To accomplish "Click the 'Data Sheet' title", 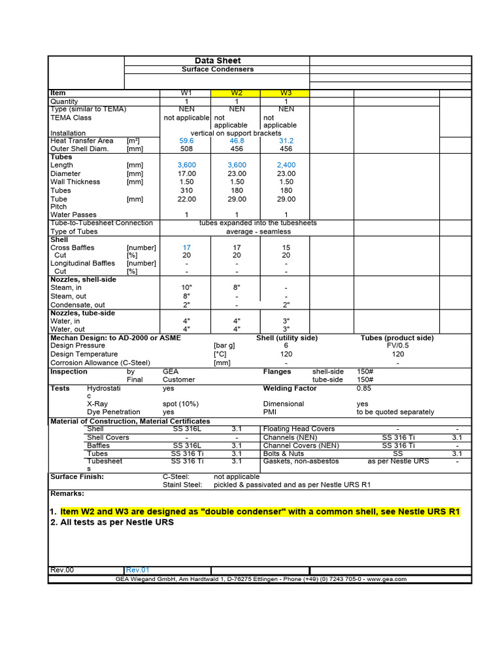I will point(218,61).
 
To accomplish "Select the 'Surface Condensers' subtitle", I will point(217,69).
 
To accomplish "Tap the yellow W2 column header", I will point(237,93).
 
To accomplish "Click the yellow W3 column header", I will point(286,93).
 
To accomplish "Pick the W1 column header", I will point(186,93).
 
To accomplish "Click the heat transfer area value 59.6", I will point(186,141).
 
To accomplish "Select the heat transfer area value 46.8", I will point(237,141).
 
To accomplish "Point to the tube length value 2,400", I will point(286,166).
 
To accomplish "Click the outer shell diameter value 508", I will point(186,149).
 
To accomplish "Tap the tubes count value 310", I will point(186,191).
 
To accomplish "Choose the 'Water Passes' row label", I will point(73,215).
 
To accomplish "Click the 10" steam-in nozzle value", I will point(186,288).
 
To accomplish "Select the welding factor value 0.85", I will point(364,389).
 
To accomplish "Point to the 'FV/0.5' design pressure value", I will point(398,346).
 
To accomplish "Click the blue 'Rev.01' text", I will point(138,570).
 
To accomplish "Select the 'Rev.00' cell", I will point(62,570).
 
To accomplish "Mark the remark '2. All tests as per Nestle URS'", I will point(112,523).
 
